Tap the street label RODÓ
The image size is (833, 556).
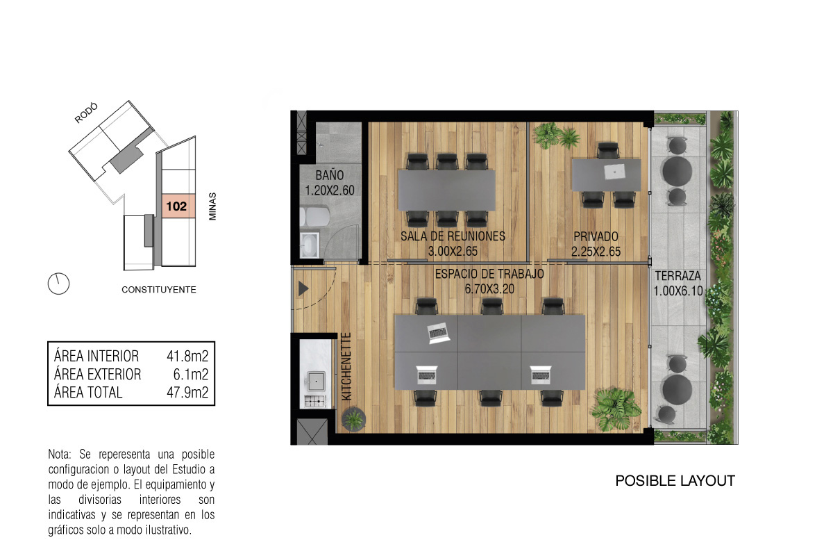(86, 113)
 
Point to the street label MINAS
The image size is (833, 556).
(212, 206)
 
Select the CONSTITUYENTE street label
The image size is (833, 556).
(159, 289)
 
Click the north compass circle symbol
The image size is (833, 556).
(59, 284)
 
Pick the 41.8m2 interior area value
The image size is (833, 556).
(187, 357)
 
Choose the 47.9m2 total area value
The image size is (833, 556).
(187, 393)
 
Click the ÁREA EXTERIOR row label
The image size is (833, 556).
(97, 375)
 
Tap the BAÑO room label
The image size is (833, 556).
(330, 175)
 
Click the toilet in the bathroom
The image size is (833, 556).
(315, 217)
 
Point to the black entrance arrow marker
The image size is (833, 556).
(303, 288)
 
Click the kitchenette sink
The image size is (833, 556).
(316, 382)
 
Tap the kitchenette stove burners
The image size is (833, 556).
(315, 402)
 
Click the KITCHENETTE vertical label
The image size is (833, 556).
(346, 366)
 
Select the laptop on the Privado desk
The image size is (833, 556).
(615, 172)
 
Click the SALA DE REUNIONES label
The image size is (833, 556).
(453, 236)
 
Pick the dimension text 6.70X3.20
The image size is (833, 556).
(489, 289)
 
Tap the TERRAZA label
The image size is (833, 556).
(678, 276)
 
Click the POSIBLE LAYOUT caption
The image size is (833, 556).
(675, 481)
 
